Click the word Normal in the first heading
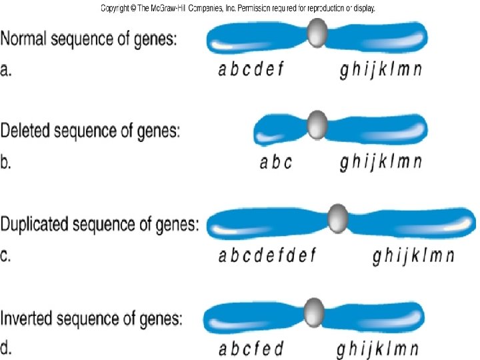(x=27, y=40)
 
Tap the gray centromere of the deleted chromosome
(x=317, y=125)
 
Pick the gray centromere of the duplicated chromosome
(x=339, y=219)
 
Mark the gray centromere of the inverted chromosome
(x=313, y=312)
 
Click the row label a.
(x=6, y=71)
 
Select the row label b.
(x=6, y=163)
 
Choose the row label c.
(x=6, y=256)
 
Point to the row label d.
(x=6, y=348)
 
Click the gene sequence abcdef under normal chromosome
(x=251, y=70)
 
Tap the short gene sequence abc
(x=275, y=163)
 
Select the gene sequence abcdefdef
(x=267, y=256)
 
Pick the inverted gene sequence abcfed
(x=251, y=348)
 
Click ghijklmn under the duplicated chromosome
(x=413, y=256)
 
